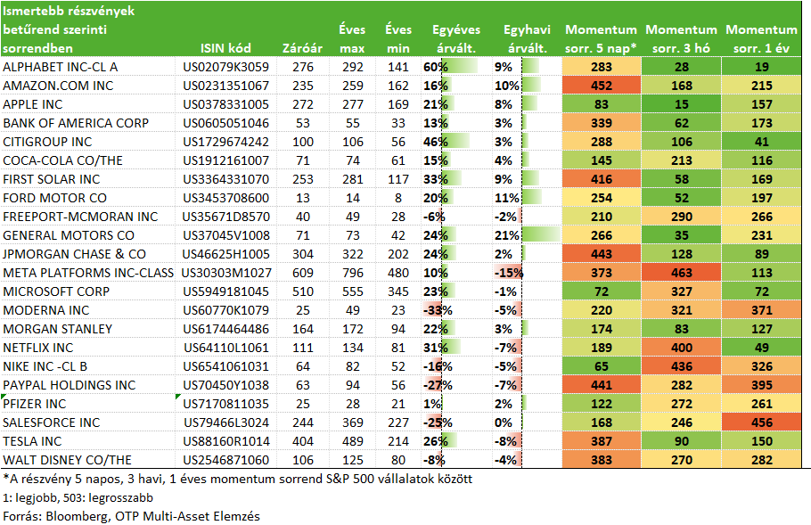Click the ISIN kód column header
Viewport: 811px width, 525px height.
click(x=225, y=48)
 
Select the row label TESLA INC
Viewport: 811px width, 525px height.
click(x=32, y=441)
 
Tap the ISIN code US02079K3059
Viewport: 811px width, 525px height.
click(x=226, y=67)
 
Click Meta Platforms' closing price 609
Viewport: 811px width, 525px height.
click(x=303, y=273)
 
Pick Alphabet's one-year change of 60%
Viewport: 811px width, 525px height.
click(x=436, y=67)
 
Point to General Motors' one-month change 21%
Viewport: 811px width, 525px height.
click(x=507, y=235)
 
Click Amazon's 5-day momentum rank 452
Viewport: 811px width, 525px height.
click(x=601, y=86)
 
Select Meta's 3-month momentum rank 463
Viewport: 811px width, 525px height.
click(x=681, y=273)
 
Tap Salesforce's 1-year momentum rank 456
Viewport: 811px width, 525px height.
click(x=761, y=422)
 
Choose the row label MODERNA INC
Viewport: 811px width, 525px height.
click(x=46, y=310)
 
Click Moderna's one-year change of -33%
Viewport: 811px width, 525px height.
click(x=438, y=310)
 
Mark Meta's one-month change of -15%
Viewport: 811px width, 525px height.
click(x=508, y=273)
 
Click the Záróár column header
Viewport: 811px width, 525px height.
click(x=302, y=48)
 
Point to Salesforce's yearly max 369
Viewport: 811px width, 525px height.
click(x=352, y=422)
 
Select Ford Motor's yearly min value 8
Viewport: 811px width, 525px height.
click(x=398, y=198)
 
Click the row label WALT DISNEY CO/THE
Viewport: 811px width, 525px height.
click(x=67, y=460)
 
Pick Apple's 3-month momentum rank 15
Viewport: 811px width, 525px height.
click(x=681, y=104)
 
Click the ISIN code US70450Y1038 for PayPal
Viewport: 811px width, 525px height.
click(x=226, y=385)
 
